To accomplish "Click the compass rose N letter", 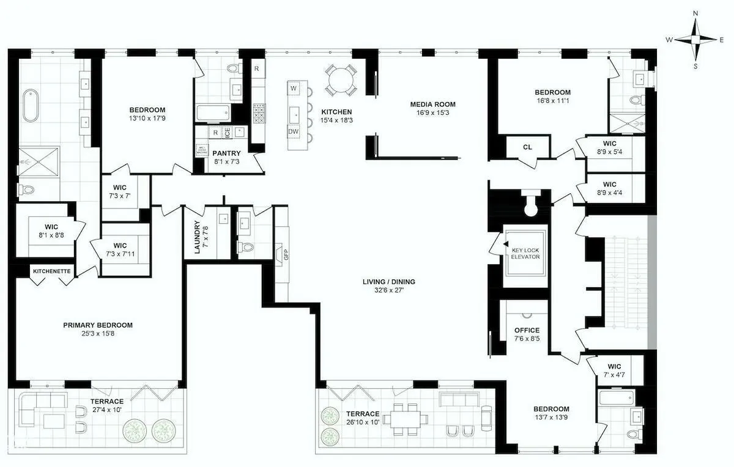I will pyautogui.click(x=695, y=13).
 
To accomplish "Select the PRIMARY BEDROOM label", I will pyautogui.click(x=98, y=325).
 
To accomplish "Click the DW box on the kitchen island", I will pyautogui.click(x=294, y=132).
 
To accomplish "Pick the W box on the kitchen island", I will pyautogui.click(x=294, y=89).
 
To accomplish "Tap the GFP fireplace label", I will pyautogui.click(x=285, y=253).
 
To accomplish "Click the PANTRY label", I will pyautogui.click(x=226, y=153).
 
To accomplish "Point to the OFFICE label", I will pyautogui.click(x=527, y=330).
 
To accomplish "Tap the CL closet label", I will pyautogui.click(x=527, y=147).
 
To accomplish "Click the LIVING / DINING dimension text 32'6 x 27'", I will pyautogui.click(x=388, y=291).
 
